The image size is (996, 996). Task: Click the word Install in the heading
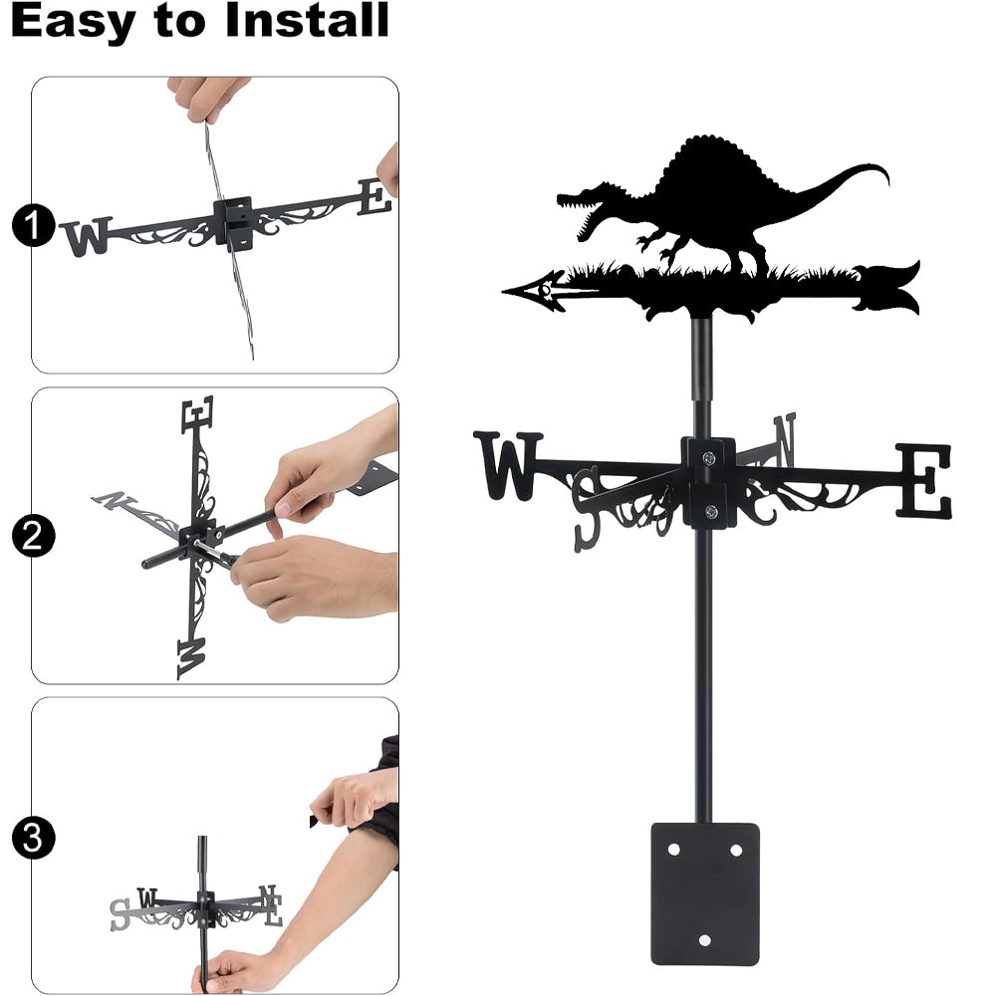click(307, 20)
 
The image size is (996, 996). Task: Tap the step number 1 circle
click(33, 225)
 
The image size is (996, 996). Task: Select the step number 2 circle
click(33, 536)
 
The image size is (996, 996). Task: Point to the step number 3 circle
click(33, 838)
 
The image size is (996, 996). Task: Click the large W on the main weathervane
click(508, 465)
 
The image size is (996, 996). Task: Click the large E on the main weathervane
click(923, 480)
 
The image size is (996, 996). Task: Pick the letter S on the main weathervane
click(587, 509)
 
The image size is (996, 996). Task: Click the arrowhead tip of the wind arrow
click(503, 292)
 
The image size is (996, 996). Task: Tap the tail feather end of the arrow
click(888, 289)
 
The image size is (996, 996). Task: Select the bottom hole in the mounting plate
click(704, 940)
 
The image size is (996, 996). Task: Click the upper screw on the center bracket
click(709, 457)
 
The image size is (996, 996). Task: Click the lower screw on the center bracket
click(711, 510)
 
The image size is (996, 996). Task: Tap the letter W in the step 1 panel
click(87, 236)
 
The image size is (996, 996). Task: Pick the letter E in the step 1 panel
click(374, 197)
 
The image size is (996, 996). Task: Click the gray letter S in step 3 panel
click(121, 914)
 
